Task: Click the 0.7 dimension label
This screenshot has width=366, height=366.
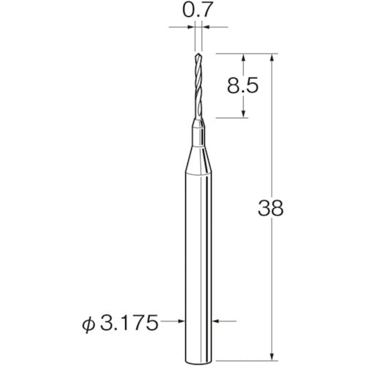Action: [x=196, y=10]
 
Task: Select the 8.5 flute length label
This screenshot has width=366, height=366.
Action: [x=242, y=86]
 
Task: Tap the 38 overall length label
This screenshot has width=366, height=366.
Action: [x=271, y=208]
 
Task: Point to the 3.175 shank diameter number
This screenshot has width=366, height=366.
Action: [x=129, y=322]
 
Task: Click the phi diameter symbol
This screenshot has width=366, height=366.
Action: [x=89, y=324]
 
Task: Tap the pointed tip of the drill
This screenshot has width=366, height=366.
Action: [x=198, y=53]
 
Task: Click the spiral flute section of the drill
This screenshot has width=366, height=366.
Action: [x=198, y=86]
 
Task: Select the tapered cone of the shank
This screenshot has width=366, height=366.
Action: [x=198, y=160]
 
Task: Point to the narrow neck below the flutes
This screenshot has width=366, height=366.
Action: [x=198, y=133]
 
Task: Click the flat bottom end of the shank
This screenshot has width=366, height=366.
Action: [x=198, y=361]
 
